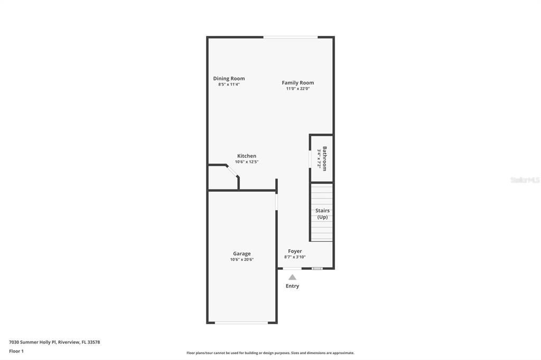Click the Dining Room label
coord(229,79)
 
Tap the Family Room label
coord(298,83)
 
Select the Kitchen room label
coord(247,156)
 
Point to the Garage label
coord(241,254)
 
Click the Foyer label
coord(295,251)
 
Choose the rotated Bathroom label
coord(325,158)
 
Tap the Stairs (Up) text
coord(322,214)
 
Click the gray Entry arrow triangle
coord(292,277)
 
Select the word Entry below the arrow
coord(292,286)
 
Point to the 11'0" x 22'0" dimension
coord(298,89)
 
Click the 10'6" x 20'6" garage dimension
coord(242,260)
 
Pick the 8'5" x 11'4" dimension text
coord(229,84)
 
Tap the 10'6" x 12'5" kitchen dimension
coord(247,162)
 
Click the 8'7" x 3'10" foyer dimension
coord(295,257)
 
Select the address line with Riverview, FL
coord(54,343)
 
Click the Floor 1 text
coord(16,352)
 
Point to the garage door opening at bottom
coord(241,323)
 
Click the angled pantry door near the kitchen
coord(232,171)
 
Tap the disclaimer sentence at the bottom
coord(270,353)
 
